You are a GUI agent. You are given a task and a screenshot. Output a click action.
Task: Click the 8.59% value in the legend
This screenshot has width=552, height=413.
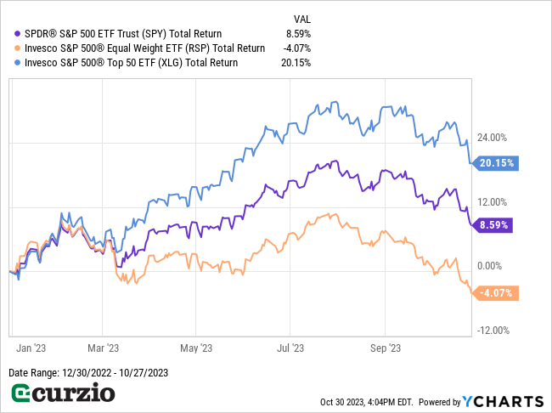pos(298,33)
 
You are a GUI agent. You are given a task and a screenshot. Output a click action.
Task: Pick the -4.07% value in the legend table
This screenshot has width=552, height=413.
pos(297,48)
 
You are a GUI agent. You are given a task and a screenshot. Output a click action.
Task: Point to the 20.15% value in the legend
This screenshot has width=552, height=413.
pos(296,62)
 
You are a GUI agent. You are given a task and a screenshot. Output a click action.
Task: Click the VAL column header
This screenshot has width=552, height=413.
pos(301,18)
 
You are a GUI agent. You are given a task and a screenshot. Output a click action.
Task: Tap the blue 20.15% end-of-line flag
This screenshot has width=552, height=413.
pos(496,162)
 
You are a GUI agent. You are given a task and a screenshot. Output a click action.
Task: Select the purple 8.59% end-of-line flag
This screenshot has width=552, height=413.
pos(496,225)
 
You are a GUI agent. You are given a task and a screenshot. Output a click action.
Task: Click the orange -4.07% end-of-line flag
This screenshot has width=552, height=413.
pos(496,294)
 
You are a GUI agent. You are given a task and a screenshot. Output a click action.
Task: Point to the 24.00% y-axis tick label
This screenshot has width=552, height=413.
pos(493,138)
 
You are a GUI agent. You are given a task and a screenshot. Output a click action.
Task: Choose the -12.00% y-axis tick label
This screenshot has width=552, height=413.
pos(493,331)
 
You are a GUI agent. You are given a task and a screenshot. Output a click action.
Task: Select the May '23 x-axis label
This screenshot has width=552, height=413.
pos(194,348)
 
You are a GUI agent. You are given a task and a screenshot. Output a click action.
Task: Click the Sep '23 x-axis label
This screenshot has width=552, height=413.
pos(387,348)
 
